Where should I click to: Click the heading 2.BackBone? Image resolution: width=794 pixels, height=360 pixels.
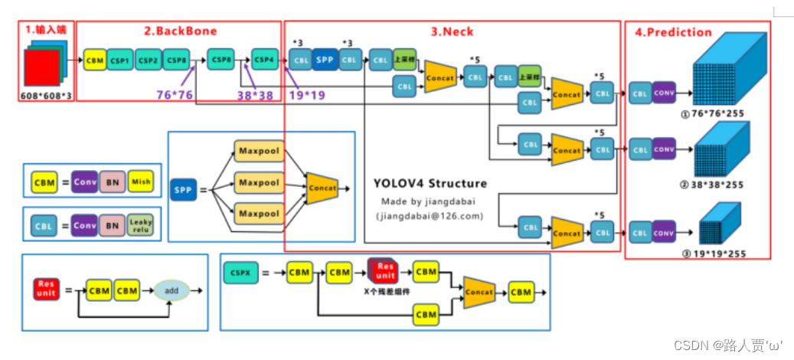pos(181,31)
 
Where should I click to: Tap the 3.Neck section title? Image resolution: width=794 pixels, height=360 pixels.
pos(453,31)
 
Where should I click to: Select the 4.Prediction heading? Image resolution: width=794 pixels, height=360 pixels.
pos(674,33)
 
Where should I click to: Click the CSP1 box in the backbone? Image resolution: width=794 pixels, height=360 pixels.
pos(119,60)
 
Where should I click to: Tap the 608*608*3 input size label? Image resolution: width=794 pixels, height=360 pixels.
pos(47,96)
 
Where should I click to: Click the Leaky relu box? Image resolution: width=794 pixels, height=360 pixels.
pos(140,225)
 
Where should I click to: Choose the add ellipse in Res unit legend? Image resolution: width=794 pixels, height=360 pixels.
pos(171,291)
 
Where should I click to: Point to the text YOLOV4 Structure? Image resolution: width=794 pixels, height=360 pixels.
pos(430,184)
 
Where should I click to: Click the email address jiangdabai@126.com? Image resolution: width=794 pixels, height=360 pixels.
pos(430,216)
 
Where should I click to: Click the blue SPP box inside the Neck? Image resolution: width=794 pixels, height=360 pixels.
pos(325,59)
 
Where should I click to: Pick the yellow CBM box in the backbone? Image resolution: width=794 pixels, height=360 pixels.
pos(95,60)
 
